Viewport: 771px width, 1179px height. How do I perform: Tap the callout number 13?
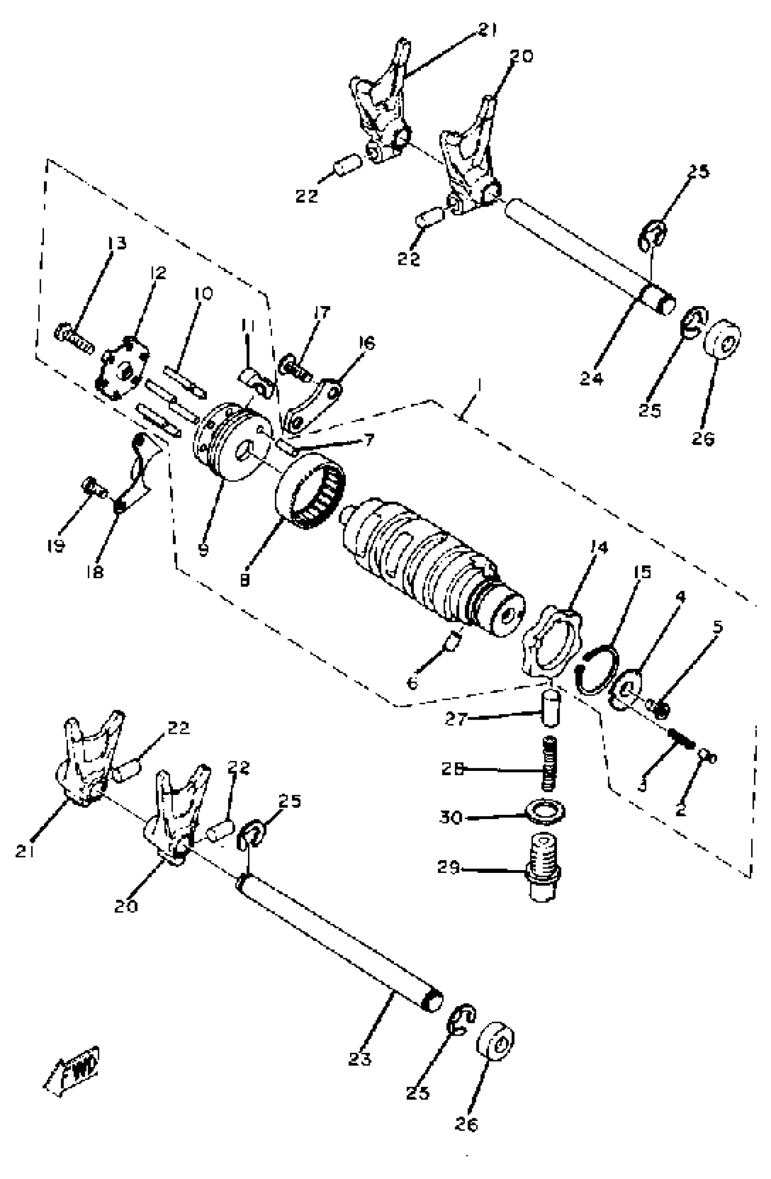pos(117,243)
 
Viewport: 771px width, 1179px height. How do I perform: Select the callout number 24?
pos(591,379)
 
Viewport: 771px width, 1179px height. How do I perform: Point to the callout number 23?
pos(360,1059)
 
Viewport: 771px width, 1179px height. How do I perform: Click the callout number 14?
pos(598,547)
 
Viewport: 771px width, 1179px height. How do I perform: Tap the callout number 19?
pos(56,546)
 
